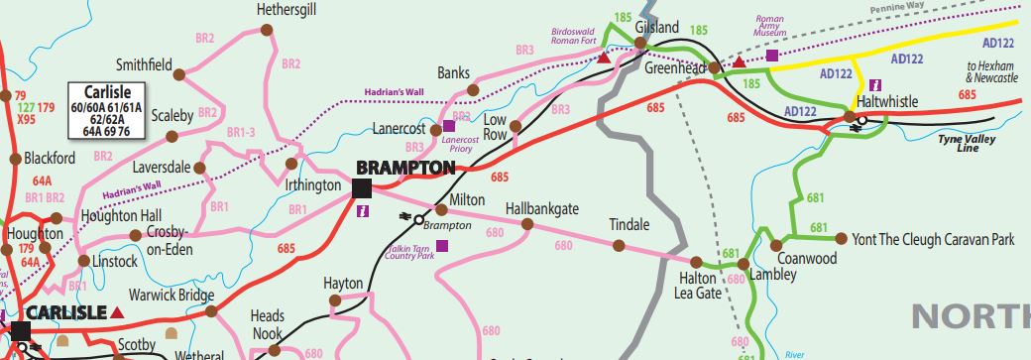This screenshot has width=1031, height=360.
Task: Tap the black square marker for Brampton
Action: (361, 187)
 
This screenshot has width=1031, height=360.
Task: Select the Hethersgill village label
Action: (286, 10)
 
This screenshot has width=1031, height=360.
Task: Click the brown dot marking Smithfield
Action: (179, 74)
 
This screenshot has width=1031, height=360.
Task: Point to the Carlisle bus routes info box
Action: (106, 109)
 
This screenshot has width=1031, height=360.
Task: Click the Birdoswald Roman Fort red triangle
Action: (603, 59)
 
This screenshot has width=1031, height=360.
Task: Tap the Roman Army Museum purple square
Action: (771, 56)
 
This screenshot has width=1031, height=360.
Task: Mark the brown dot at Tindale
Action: (619, 244)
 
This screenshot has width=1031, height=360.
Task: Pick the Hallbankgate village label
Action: (541, 208)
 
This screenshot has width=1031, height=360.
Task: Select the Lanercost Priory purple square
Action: (448, 126)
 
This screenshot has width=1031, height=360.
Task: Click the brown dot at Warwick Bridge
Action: (210, 311)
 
